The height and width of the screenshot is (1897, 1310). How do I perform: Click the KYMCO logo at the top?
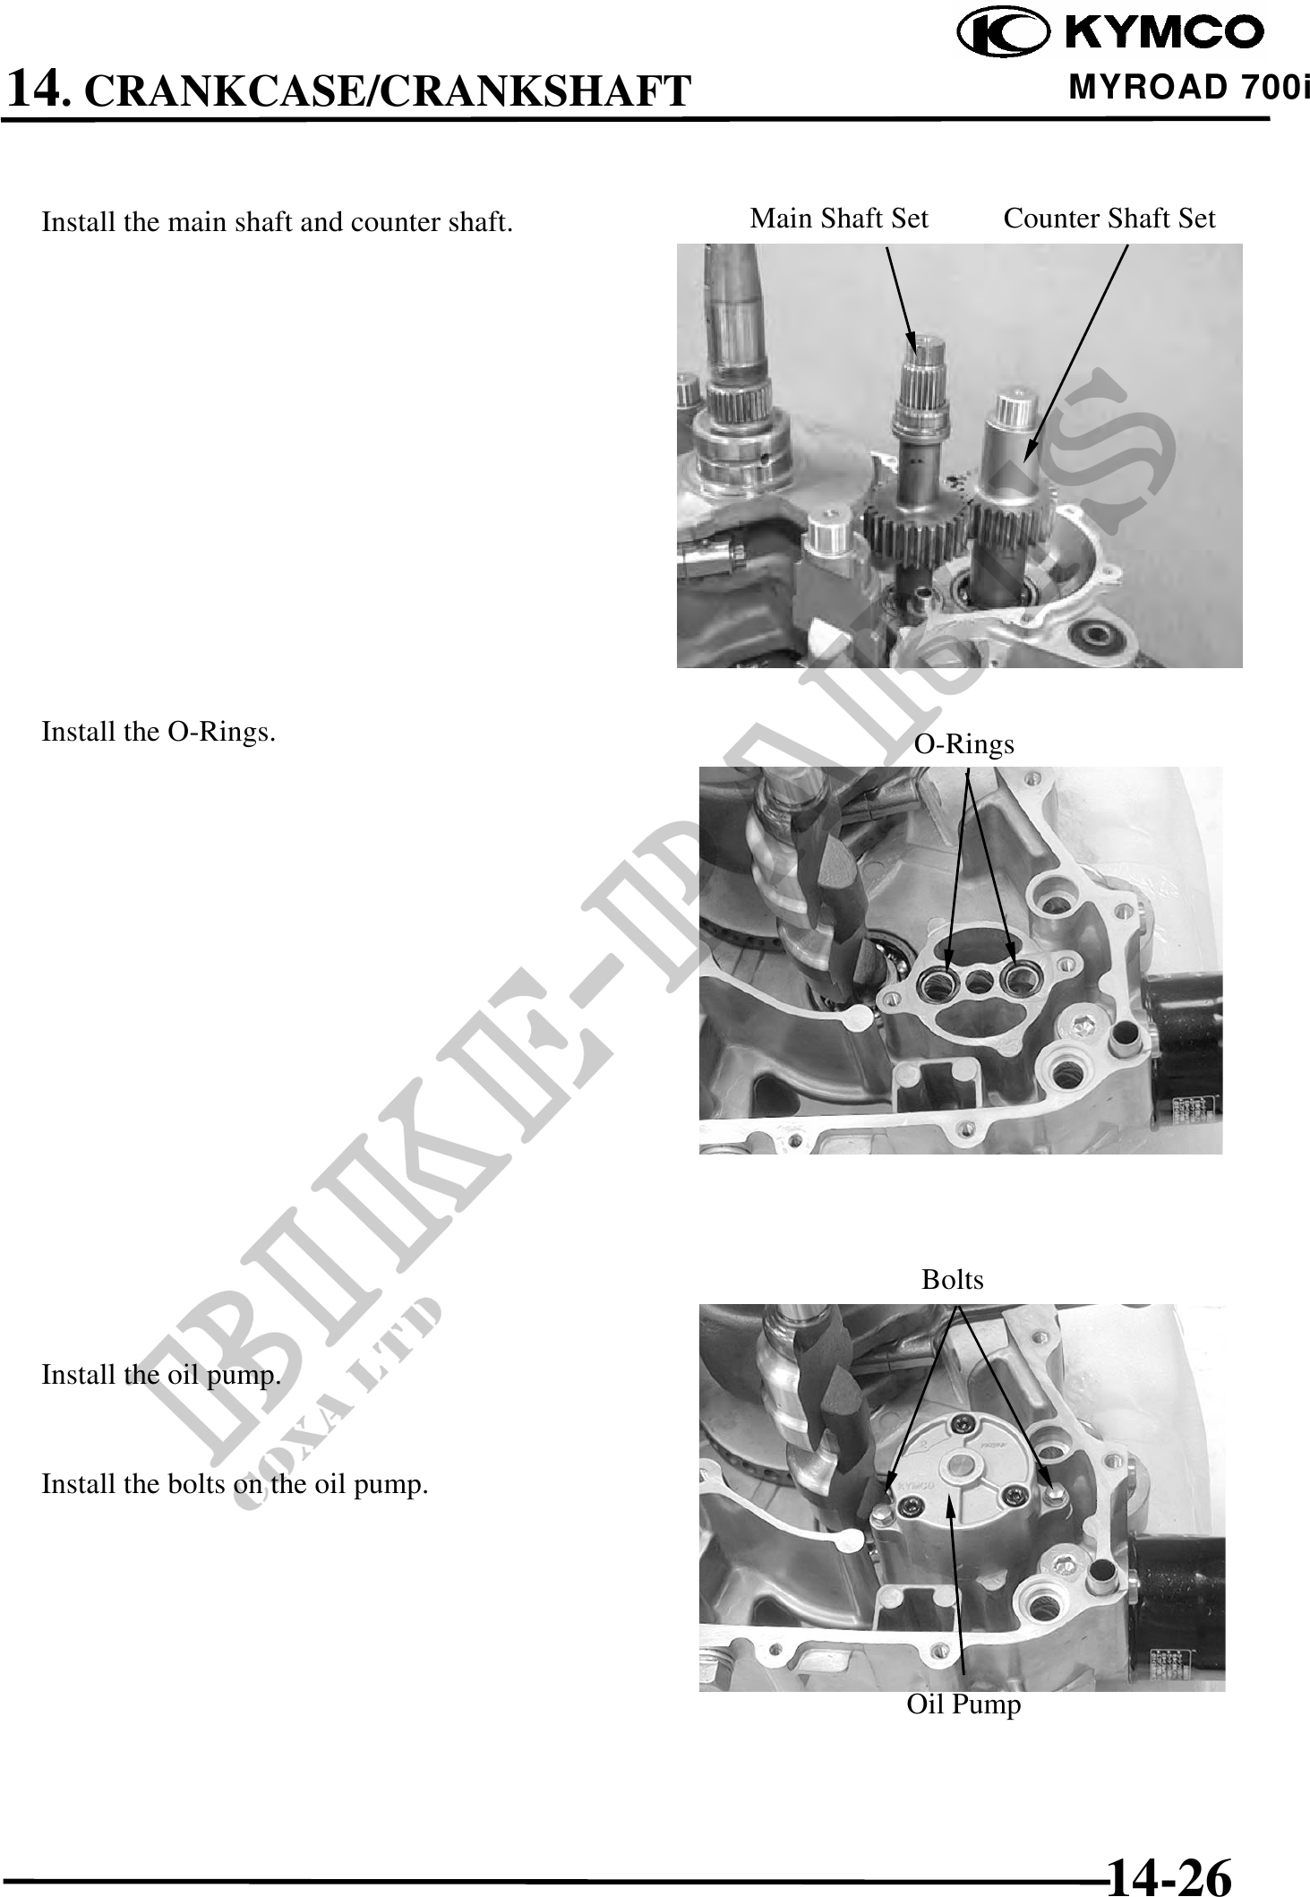click(1110, 33)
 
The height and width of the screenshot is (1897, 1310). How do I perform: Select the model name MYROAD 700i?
click(1189, 89)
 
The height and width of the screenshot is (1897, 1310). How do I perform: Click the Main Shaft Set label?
click(839, 218)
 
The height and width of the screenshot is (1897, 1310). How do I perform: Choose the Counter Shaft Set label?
click(1109, 218)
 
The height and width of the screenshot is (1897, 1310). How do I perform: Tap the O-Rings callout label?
click(964, 743)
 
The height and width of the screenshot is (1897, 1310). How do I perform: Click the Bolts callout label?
click(953, 1279)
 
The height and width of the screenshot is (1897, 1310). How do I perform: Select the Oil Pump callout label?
click(963, 1703)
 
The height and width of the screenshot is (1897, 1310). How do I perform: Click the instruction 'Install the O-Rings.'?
click(158, 732)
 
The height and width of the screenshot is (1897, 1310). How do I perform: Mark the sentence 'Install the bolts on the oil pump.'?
click(235, 1484)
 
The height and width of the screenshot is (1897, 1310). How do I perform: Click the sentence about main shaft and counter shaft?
click(278, 222)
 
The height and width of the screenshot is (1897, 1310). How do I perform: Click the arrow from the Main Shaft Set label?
click(902, 299)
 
